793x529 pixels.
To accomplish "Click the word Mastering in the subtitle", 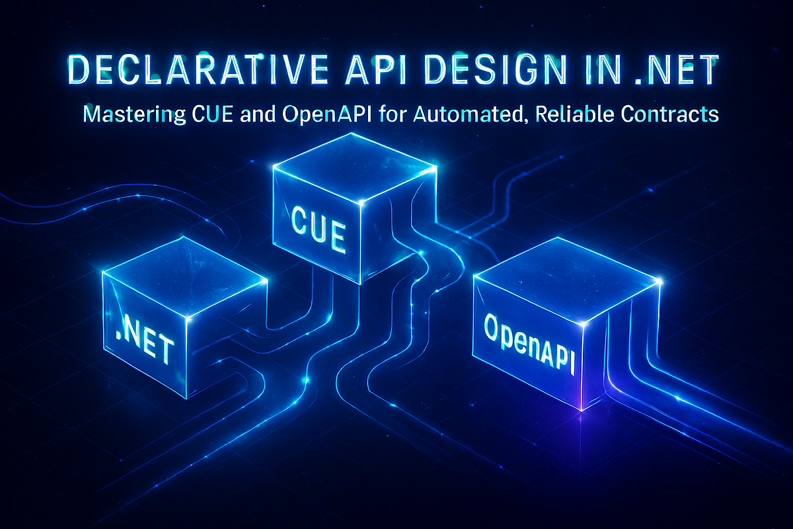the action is point(134,115).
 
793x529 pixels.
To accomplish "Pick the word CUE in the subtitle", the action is point(212,114).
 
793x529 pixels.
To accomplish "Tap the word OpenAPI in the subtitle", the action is point(326,115).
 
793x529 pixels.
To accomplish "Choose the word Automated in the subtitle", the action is point(468,115).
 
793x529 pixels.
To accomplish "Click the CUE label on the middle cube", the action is point(318,229).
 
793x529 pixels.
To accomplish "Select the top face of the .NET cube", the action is point(184,276).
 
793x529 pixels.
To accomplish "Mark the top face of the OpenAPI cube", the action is point(566,279).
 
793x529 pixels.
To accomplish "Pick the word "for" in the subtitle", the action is point(392,114).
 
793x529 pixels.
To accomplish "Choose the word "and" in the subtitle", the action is point(258,114).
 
